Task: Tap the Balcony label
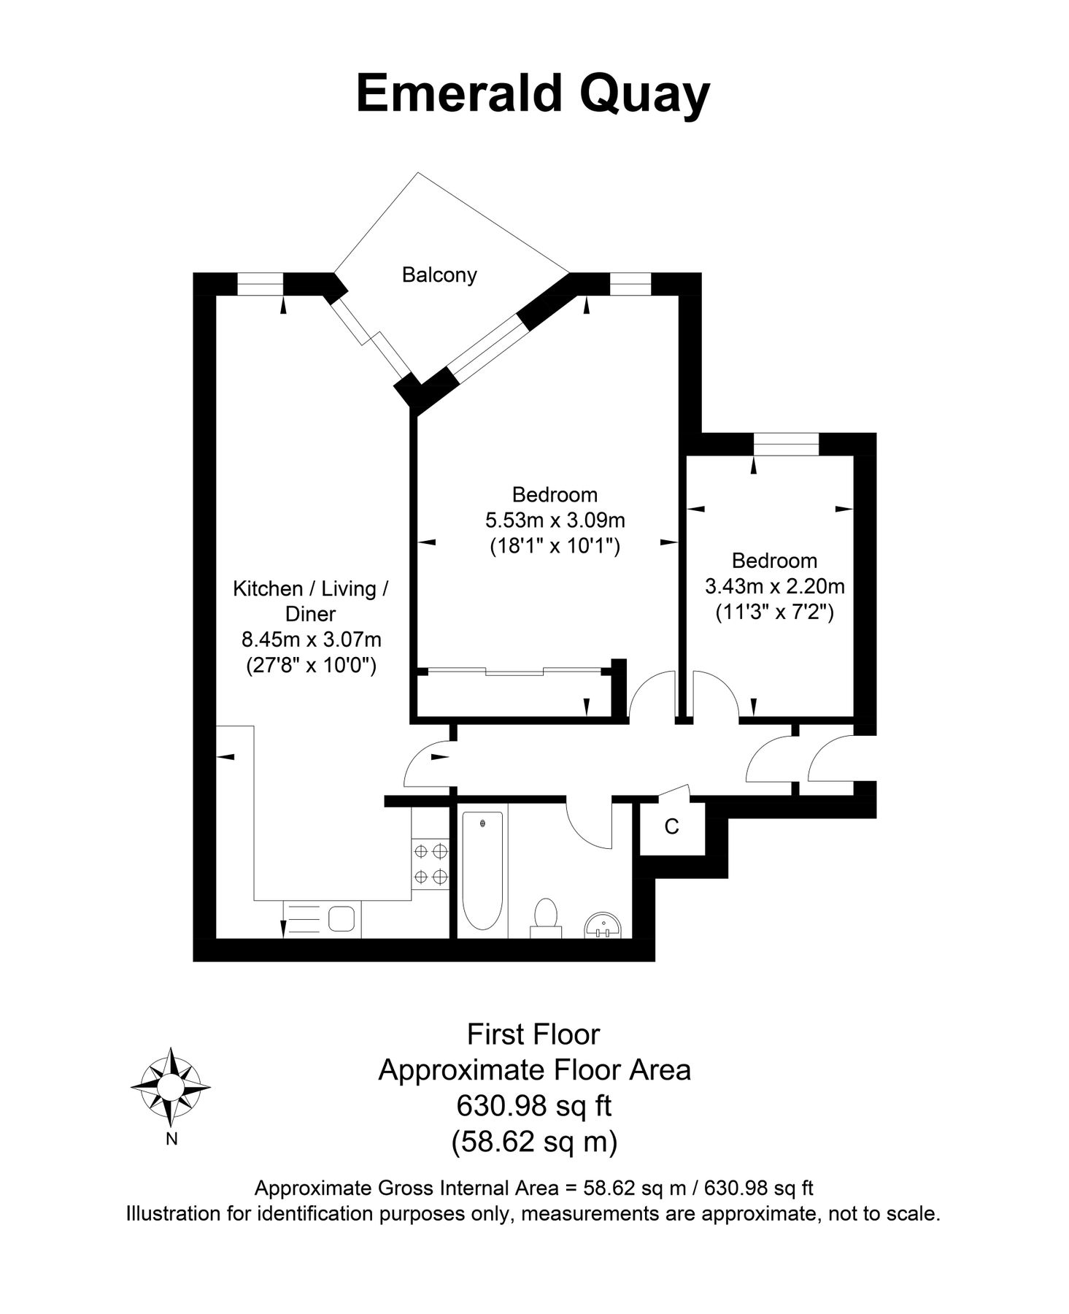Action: click(x=439, y=275)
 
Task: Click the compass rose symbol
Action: click(x=170, y=1087)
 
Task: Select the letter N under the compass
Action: click(x=171, y=1140)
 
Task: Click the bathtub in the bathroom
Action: click(x=482, y=871)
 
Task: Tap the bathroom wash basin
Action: click(x=603, y=924)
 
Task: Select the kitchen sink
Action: click(x=341, y=918)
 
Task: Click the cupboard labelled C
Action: click(x=672, y=828)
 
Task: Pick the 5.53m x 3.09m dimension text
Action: click(x=555, y=520)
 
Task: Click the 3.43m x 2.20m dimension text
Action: click(x=775, y=586)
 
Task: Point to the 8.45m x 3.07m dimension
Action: click(x=312, y=640)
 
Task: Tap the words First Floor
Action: click(x=533, y=1034)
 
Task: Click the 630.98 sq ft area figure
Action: click(x=533, y=1106)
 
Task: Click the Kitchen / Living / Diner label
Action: click(x=311, y=601)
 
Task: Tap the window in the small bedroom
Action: click(x=786, y=444)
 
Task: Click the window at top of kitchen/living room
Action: click(x=260, y=283)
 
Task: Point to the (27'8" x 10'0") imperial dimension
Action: click(x=312, y=666)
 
